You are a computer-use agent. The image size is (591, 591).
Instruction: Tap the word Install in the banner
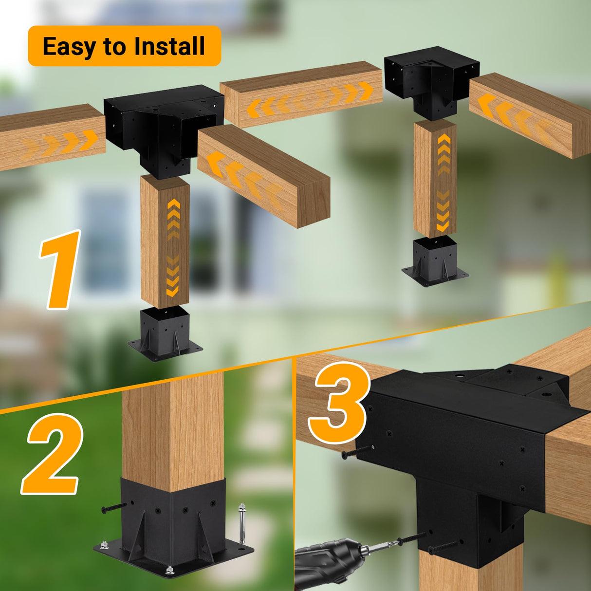169,47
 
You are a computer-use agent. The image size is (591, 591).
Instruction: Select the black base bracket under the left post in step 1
165,333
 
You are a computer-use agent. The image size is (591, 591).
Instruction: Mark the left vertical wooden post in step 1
165,241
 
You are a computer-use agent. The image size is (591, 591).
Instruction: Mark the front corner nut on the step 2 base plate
169,569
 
